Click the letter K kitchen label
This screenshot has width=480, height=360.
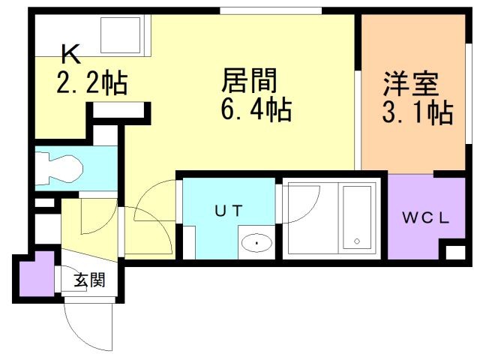(x=71, y=54)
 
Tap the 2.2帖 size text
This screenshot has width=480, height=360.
(x=91, y=82)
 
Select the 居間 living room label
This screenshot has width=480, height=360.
(x=250, y=80)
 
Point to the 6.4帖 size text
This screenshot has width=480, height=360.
(x=256, y=109)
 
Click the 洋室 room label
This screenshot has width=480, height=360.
(x=411, y=83)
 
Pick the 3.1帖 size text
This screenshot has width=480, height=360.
(x=418, y=112)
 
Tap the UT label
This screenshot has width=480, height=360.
(x=229, y=211)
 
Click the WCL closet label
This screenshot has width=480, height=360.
(x=425, y=217)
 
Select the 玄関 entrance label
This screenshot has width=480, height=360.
(x=90, y=280)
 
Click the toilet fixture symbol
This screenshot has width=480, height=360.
(x=58, y=168)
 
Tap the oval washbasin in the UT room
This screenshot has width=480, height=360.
(x=256, y=243)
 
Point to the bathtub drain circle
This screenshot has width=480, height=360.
(x=357, y=241)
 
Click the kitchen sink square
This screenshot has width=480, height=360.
(x=121, y=35)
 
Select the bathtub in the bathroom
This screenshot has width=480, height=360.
(x=357, y=217)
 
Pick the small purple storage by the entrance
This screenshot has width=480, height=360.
(x=37, y=274)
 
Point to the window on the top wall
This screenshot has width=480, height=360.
(x=271, y=10)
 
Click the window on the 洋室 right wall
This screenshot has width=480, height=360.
(x=468, y=93)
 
